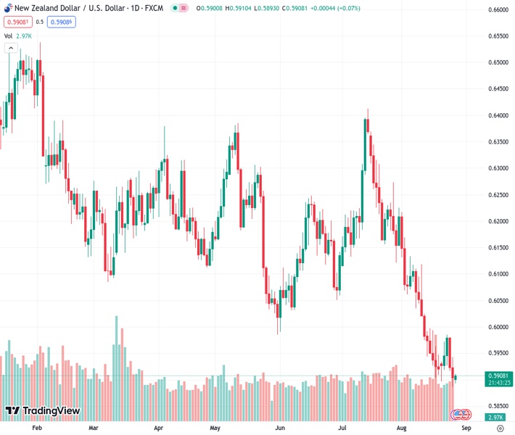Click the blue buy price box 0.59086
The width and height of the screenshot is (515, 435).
point(62,22)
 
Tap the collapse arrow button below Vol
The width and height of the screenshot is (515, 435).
point(10,48)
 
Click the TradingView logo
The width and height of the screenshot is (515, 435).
point(42,411)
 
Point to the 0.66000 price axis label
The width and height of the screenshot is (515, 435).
point(495,9)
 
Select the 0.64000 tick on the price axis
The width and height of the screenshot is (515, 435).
point(495,115)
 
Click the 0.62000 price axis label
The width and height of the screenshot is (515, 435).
point(495,221)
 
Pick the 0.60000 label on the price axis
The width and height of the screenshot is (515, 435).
point(495,327)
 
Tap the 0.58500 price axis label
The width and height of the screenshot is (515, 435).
point(495,406)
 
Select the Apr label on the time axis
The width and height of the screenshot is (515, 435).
point(158,428)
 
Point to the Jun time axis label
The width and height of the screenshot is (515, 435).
point(280,428)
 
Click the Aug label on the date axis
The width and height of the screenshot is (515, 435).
point(403,428)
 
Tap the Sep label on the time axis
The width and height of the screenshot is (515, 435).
point(466,428)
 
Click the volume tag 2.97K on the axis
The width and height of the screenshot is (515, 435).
point(495,417)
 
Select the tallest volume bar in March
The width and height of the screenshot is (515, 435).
point(116,362)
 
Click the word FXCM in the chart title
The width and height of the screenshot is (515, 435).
point(154,8)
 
